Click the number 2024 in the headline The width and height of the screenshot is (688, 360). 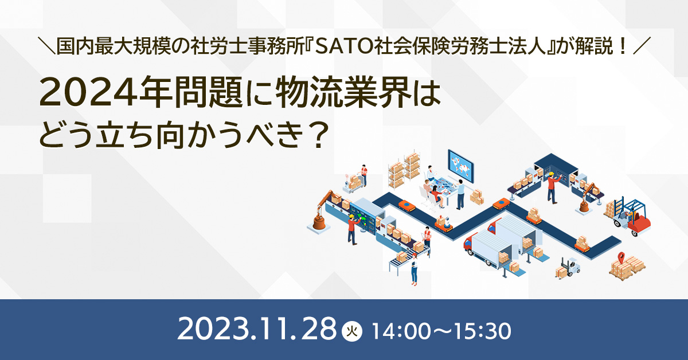(x=88, y=92)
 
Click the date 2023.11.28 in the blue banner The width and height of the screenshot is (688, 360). (x=257, y=328)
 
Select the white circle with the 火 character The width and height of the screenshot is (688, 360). (x=352, y=331)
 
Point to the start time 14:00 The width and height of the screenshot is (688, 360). (x=400, y=331)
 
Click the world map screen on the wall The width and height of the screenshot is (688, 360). (x=460, y=165)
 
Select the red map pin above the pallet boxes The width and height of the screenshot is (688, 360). (x=621, y=257)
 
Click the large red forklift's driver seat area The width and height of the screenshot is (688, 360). (x=633, y=215)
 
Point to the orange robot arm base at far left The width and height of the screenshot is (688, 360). (x=319, y=222)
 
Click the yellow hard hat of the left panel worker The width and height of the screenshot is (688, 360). (x=351, y=216)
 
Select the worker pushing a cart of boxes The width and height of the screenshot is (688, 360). (x=364, y=175)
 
